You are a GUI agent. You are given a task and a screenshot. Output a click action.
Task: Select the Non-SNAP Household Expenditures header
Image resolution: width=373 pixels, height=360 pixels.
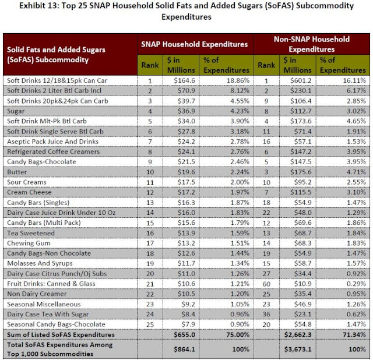pyautogui.click(x=312, y=44)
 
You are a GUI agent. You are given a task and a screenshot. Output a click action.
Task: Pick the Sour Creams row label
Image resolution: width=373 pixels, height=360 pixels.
pyautogui.click(x=25, y=182)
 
